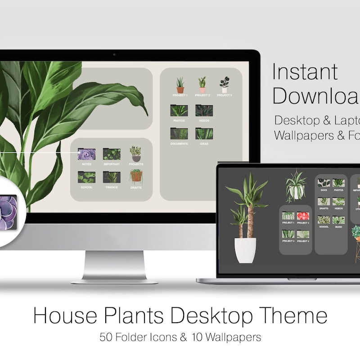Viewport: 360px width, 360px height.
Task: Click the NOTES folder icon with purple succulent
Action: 86,154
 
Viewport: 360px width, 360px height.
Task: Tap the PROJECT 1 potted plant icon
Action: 180,85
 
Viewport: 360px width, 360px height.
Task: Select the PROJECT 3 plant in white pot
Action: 224,85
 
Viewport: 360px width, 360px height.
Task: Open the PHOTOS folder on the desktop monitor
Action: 179,111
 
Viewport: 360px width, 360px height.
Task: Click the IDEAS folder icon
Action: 204,134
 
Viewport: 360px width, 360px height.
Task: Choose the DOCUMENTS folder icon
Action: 179,134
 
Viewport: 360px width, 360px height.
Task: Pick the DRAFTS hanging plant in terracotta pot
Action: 136,175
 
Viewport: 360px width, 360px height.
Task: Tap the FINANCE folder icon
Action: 112,177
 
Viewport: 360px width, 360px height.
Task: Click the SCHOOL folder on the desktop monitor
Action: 86,177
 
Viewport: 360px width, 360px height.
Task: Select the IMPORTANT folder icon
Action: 112,154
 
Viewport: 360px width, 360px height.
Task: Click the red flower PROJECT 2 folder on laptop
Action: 302,216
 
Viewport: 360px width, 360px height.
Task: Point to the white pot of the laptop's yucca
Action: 245,250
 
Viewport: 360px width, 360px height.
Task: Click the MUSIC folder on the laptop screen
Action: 338,220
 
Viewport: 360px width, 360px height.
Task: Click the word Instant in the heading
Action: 305,72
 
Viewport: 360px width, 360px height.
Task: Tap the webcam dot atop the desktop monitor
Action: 114,55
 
